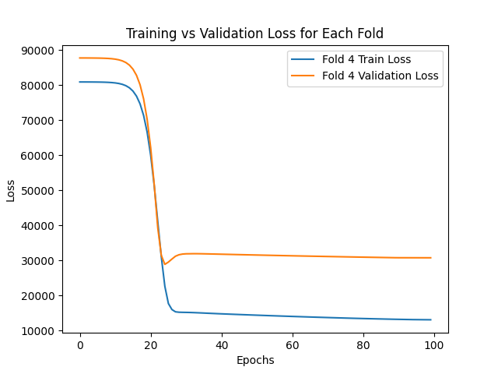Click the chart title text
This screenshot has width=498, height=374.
(255, 34)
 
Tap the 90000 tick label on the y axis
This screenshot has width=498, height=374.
(39, 51)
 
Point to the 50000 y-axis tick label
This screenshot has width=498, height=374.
(39, 191)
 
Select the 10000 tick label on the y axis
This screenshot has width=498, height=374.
(39, 331)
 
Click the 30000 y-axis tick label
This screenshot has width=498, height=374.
(39, 261)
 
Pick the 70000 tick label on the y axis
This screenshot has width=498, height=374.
(39, 121)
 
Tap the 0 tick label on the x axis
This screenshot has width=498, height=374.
(79, 345)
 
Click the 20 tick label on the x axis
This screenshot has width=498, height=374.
(150, 345)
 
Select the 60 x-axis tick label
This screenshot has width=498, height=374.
(292, 345)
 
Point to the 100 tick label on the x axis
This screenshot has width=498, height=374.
(433, 345)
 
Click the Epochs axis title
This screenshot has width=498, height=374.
(255, 360)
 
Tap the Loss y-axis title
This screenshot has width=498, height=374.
(11, 189)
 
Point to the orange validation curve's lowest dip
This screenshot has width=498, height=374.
(165, 264)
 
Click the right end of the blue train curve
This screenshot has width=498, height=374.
(430, 319)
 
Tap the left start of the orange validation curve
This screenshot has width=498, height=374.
(79, 58)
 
